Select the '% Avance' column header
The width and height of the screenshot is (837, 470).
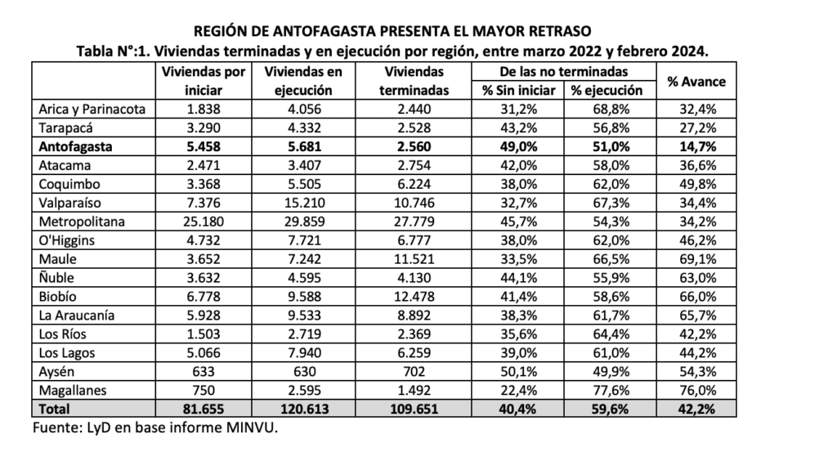tap(696, 82)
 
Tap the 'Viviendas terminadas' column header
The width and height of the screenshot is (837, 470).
tap(417, 82)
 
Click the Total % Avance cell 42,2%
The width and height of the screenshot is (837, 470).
tap(696, 409)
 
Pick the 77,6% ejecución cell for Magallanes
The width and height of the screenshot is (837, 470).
tap(610, 390)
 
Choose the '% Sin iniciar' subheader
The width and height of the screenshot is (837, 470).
tap(520, 91)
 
